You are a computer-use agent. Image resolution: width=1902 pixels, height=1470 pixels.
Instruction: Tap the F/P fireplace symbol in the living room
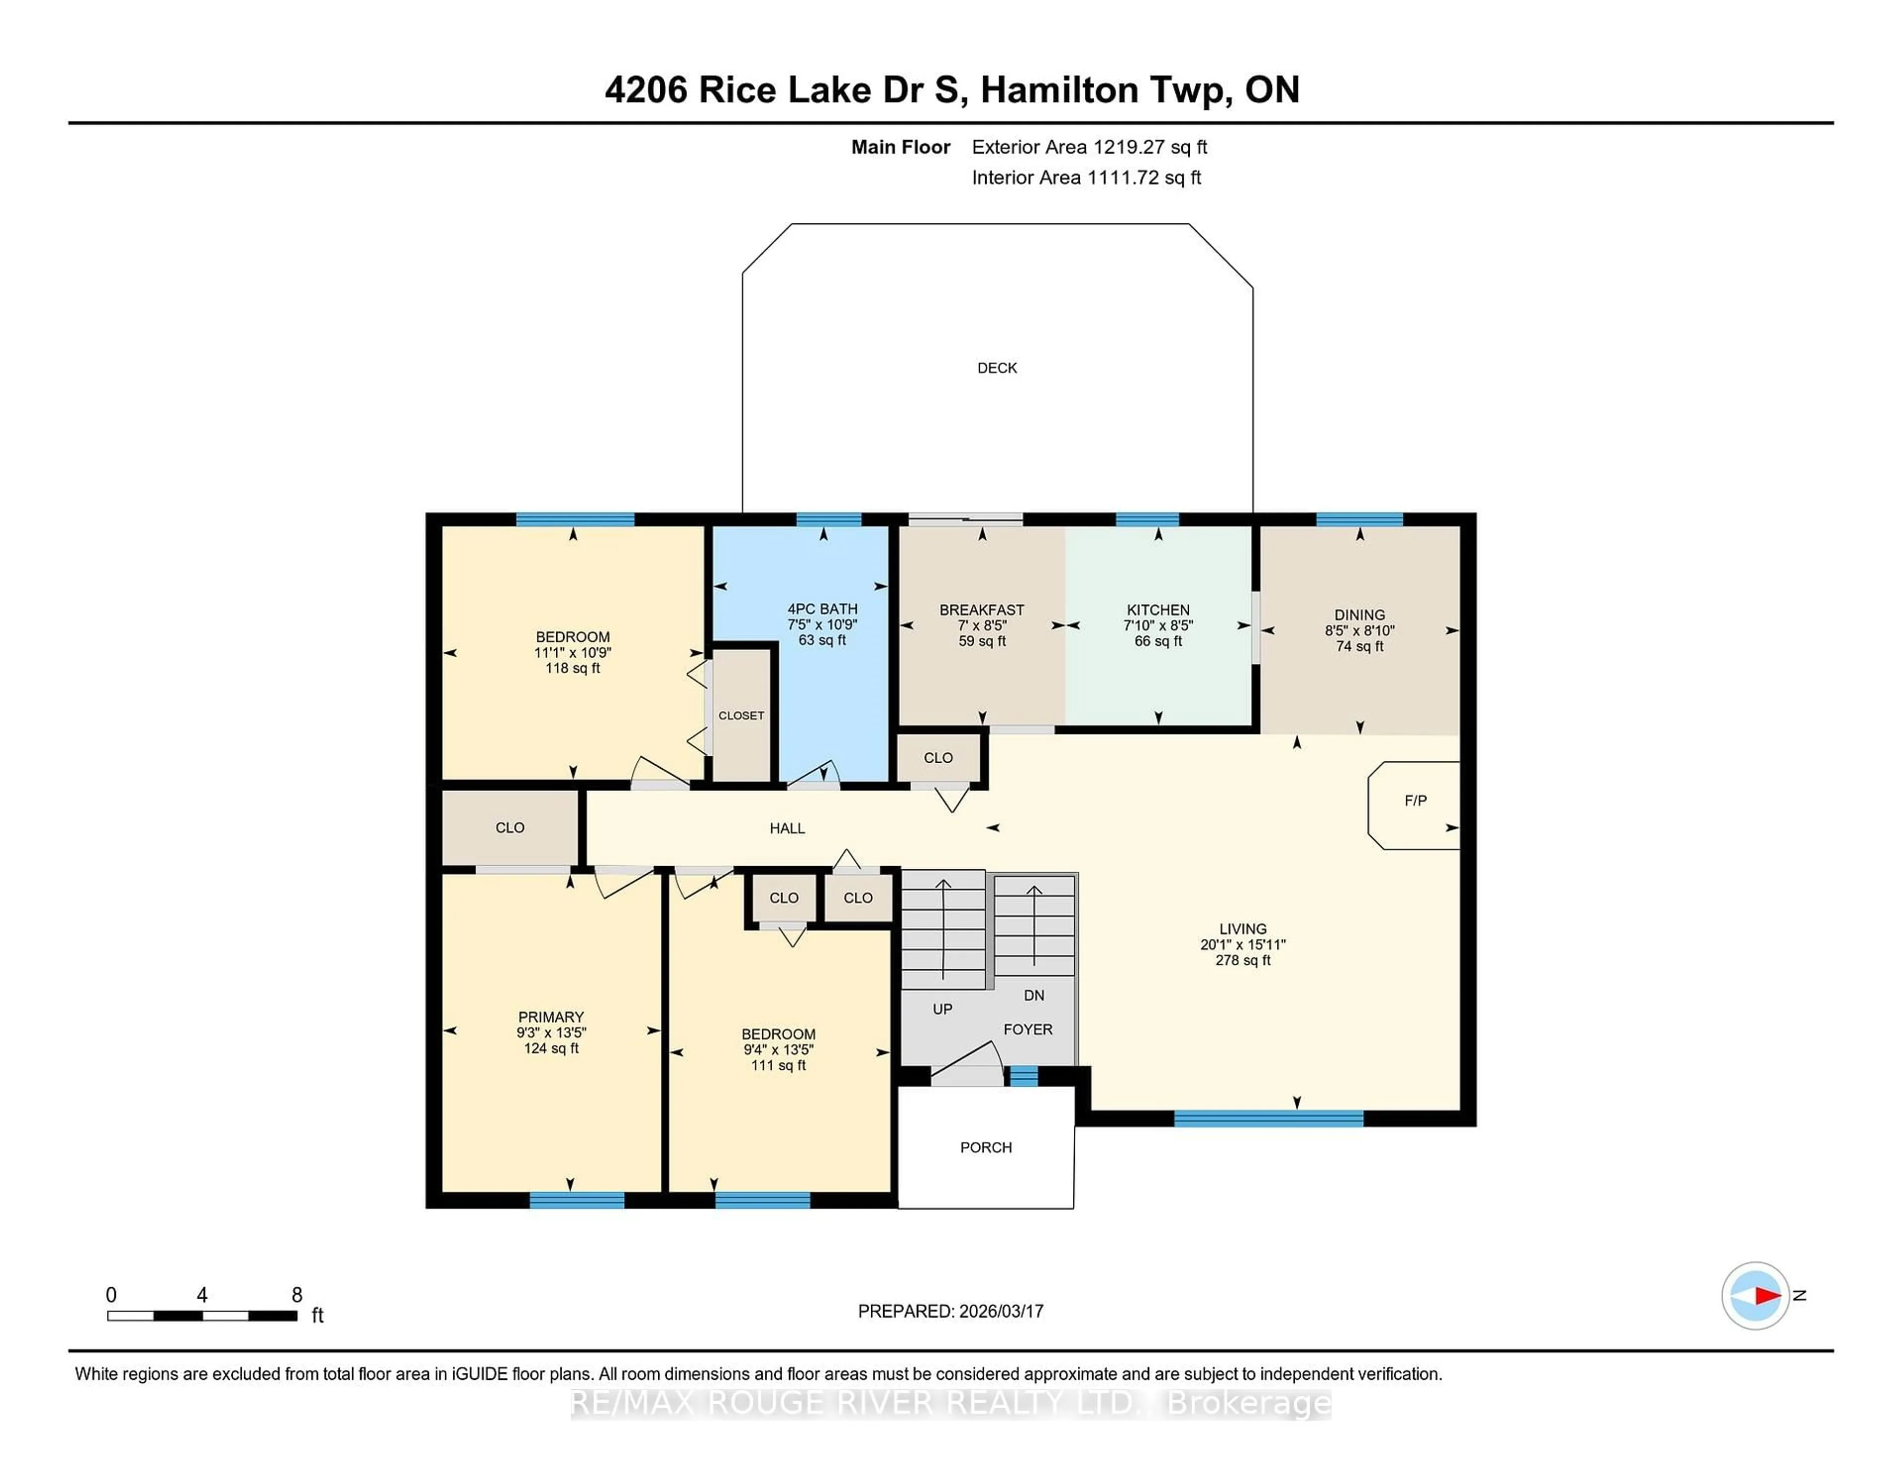[1414, 801]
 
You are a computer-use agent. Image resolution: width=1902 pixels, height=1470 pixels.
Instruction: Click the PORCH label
[986, 1148]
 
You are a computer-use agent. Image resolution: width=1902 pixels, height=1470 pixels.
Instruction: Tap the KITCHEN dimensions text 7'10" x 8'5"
[1158, 625]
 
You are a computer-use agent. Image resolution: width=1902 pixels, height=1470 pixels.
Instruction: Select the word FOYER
[1028, 1029]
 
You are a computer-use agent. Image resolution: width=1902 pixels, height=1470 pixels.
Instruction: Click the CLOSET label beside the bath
[741, 716]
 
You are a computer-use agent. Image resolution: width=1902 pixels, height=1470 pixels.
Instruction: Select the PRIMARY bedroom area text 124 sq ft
[551, 1049]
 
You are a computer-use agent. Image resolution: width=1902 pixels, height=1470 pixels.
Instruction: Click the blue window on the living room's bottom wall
[1268, 1119]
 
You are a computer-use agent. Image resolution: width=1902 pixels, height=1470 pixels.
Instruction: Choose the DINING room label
[1360, 615]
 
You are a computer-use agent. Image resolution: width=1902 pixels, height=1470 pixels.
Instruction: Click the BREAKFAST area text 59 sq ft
[982, 641]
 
